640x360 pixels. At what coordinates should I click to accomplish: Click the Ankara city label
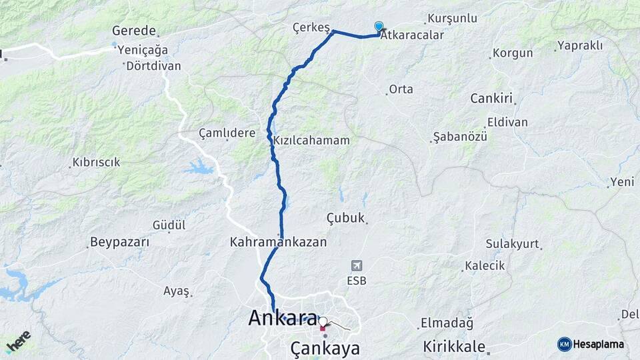282,318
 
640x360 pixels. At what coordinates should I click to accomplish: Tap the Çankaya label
325,348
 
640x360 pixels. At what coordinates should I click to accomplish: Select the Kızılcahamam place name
311,141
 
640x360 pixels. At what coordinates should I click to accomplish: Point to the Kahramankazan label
278,242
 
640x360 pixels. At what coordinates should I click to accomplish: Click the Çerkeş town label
311,27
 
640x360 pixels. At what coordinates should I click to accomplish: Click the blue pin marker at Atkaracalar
379,27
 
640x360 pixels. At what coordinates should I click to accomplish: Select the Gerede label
134,31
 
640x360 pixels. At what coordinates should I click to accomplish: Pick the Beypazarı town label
119,242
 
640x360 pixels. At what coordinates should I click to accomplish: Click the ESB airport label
356,280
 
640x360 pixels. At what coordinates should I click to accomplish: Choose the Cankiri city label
491,99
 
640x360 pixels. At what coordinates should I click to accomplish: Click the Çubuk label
346,218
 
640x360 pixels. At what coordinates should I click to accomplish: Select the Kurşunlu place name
453,18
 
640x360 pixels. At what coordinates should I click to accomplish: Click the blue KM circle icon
565,344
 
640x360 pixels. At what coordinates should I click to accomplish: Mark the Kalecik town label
485,265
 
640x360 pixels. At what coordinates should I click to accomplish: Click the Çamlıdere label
227,133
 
